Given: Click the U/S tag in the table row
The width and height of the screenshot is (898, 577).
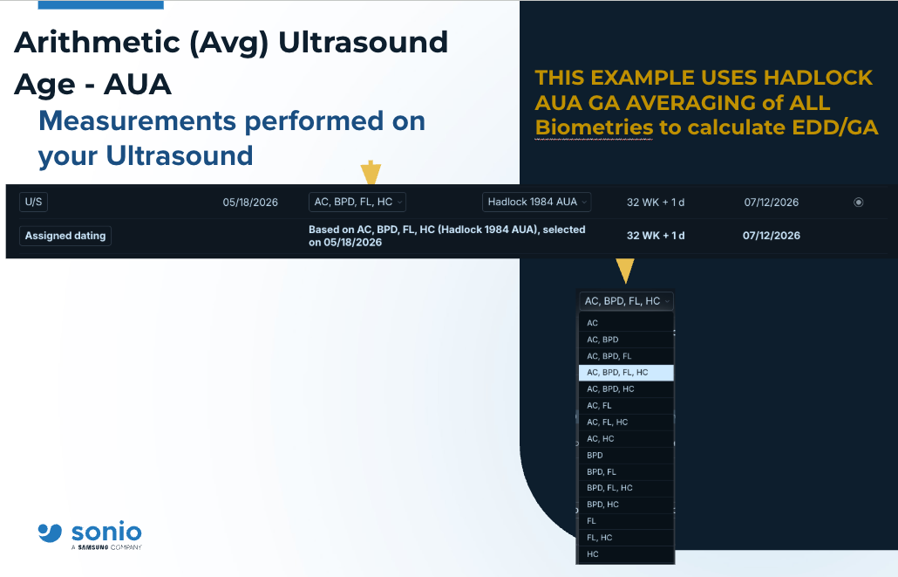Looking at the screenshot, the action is [33, 202].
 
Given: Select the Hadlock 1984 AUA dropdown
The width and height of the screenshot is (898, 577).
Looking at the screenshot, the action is [537, 202].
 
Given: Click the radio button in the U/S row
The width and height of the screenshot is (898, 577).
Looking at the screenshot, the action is [858, 202].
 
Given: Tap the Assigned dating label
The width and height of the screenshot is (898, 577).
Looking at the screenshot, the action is [65, 236].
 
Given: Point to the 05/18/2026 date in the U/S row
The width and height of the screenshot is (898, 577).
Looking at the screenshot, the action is [250, 203].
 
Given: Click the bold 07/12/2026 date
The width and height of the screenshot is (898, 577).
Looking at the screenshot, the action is [772, 236].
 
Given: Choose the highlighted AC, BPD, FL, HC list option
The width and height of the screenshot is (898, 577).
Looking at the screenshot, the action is [626, 373].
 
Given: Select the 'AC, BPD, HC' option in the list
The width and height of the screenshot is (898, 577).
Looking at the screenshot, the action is [626, 388].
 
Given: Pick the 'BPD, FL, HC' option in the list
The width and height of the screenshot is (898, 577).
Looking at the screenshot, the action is [626, 488].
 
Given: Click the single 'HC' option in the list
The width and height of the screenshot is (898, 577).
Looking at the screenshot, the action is [626, 554].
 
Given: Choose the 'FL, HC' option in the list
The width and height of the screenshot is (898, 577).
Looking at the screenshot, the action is [626, 538].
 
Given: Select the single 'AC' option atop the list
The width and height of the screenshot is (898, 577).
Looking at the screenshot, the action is [626, 323].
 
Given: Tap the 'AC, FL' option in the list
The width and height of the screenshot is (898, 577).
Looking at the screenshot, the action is [626, 406].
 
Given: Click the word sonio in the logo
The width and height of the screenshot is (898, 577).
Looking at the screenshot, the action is [106, 532].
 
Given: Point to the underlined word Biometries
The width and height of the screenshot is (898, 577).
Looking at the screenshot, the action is [594, 127].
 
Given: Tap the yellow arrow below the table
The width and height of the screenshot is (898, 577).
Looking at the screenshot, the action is [625, 270].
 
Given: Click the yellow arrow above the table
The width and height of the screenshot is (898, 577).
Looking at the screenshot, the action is [371, 172].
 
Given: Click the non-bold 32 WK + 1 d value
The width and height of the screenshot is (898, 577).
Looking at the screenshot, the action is [655, 203].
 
